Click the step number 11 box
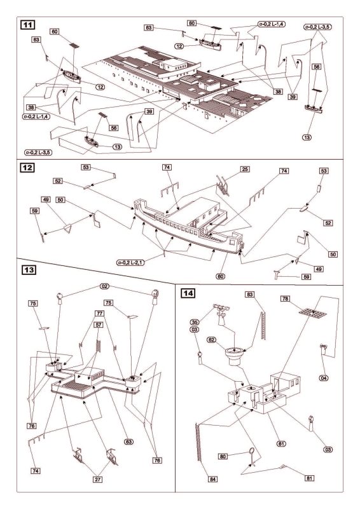click(x=27, y=25)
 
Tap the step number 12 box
click(x=27, y=168)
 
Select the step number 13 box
click(x=29, y=270)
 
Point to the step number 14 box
click(x=188, y=293)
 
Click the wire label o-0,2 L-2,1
click(x=130, y=262)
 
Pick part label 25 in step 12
click(x=245, y=169)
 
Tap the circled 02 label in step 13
click(x=105, y=286)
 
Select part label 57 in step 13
click(x=99, y=324)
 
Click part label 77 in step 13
click(x=99, y=314)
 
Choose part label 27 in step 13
click(x=98, y=480)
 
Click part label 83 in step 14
click(x=249, y=295)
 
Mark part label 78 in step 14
click(x=285, y=298)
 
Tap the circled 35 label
click(x=194, y=323)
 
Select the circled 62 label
click(x=212, y=340)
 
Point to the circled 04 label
click(x=324, y=378)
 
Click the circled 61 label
click(x=281, y=443)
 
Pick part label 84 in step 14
click(x=213, y=479)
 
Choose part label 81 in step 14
click(x=310, y=478)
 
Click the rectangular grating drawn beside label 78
click(x=312, y=312)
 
